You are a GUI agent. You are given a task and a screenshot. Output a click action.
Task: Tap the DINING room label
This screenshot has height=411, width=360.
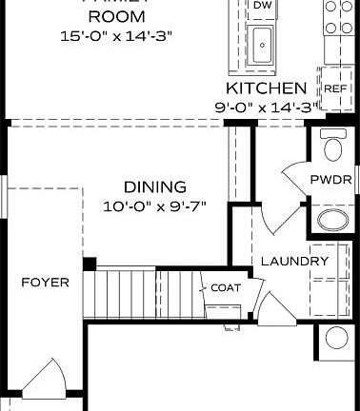coord(154,187)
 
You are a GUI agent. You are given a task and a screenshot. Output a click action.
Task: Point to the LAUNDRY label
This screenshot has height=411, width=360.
coord(294,261)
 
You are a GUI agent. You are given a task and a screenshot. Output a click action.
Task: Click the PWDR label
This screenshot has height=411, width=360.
coord(330,180)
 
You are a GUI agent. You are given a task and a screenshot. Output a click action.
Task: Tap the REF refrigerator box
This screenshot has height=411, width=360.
coord(334,88)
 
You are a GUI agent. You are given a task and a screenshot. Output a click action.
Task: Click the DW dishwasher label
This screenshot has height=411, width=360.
coord(261,7)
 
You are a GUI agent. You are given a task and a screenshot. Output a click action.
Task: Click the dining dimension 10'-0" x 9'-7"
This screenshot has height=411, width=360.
coord(154,205)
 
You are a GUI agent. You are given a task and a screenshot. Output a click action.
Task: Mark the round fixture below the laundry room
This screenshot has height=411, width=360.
coord(336,338)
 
